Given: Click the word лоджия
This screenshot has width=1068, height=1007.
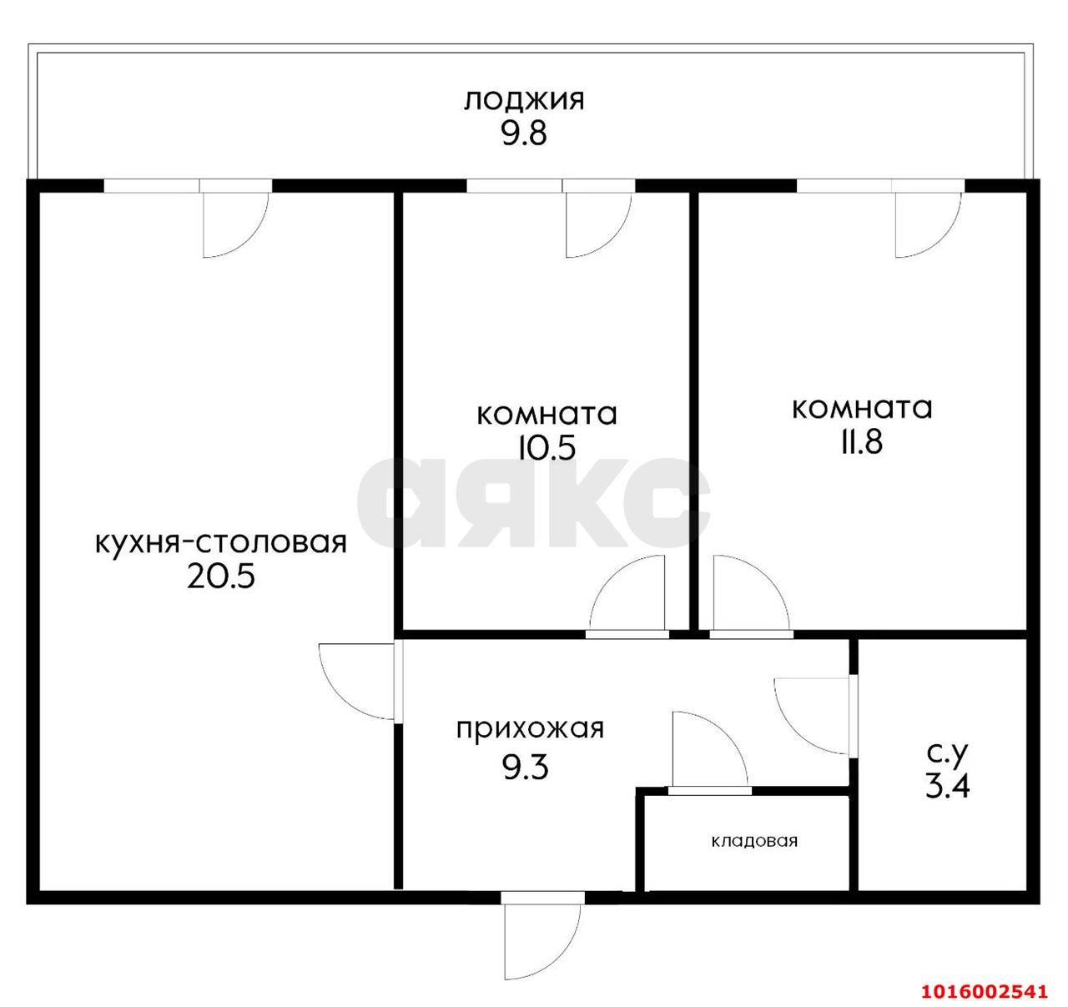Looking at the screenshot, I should point(524,101).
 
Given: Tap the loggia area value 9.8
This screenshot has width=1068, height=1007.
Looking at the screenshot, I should point(523,133).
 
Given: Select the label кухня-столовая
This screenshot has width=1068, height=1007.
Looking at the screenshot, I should point(220,543).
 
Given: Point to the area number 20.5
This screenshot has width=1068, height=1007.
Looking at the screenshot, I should point(220,577).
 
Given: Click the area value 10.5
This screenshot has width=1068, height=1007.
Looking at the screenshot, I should point(547,449).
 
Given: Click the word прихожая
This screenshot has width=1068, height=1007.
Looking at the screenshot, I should point(529,728).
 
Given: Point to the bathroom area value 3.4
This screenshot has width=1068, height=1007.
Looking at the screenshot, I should point(947,786).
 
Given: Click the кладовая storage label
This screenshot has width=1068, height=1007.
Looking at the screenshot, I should point(754,841).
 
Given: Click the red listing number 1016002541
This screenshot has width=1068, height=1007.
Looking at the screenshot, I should point(984,991).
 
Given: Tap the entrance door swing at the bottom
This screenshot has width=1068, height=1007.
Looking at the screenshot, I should point(541,936).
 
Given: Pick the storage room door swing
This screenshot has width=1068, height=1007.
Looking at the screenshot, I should point(708,749).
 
